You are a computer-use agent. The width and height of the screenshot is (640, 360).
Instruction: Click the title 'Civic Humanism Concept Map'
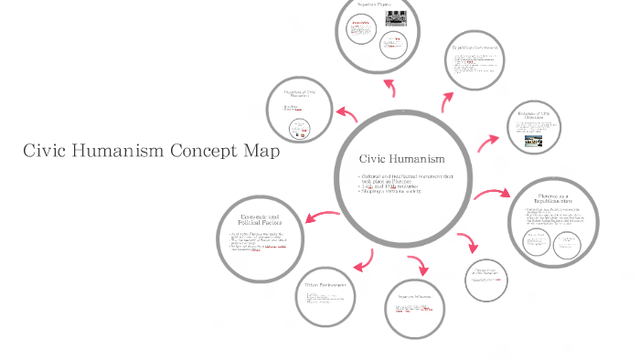click(x=150, y=152)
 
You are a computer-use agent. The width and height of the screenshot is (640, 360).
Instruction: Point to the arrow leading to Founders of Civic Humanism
click(x=347, y=114)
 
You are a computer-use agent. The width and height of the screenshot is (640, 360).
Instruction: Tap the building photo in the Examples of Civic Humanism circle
click(x=532, y=142)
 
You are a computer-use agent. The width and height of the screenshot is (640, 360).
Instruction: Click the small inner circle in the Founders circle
click(x=298, y=131)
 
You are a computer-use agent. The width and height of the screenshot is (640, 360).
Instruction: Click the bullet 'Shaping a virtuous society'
click(x=399, y=193)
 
